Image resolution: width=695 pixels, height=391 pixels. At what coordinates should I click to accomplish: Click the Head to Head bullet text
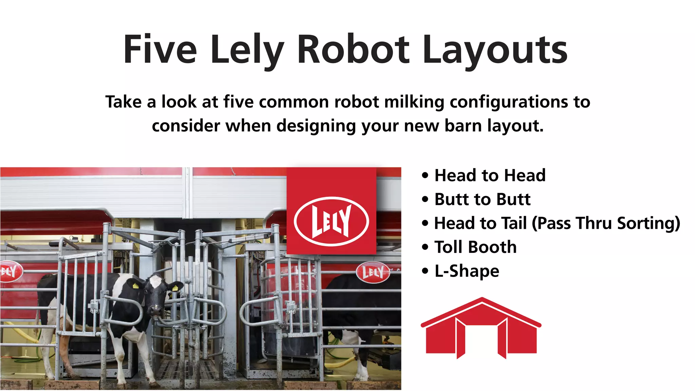point(490,175)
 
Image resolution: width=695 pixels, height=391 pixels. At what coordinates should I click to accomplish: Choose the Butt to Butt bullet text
point(482,199)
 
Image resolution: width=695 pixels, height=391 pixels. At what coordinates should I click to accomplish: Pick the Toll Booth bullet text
point(475,247)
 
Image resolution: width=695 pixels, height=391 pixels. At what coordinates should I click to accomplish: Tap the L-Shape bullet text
point(467,271)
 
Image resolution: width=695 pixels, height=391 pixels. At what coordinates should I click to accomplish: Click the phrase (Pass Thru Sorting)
point(606,223)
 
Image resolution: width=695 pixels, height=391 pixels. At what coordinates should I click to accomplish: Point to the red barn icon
point(481,328)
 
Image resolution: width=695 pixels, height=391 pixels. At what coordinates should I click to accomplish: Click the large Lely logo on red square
point(331,221)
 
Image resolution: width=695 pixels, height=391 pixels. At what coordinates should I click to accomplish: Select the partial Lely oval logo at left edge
point(10,271)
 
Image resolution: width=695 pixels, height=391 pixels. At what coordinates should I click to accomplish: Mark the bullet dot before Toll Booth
point(425,247)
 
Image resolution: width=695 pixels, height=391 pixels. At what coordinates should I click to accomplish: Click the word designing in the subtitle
point(316,126)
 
